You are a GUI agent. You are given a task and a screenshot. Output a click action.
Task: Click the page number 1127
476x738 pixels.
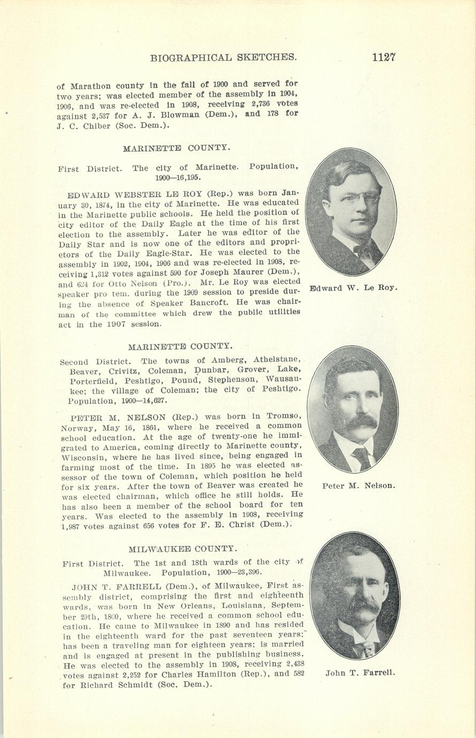point(383,58)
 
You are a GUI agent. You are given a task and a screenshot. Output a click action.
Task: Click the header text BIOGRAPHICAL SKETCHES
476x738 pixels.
point(224,58)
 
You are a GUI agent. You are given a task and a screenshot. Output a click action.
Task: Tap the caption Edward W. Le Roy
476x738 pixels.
point(354,288)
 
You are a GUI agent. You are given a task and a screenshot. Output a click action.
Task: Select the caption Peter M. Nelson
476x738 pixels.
point(358,486)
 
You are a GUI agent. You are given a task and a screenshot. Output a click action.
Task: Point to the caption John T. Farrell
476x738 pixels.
point(360,673)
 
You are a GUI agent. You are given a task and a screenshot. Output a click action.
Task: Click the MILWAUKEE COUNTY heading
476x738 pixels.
point(183,549)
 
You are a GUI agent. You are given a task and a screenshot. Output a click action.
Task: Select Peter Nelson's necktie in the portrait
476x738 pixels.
point(363,458)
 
